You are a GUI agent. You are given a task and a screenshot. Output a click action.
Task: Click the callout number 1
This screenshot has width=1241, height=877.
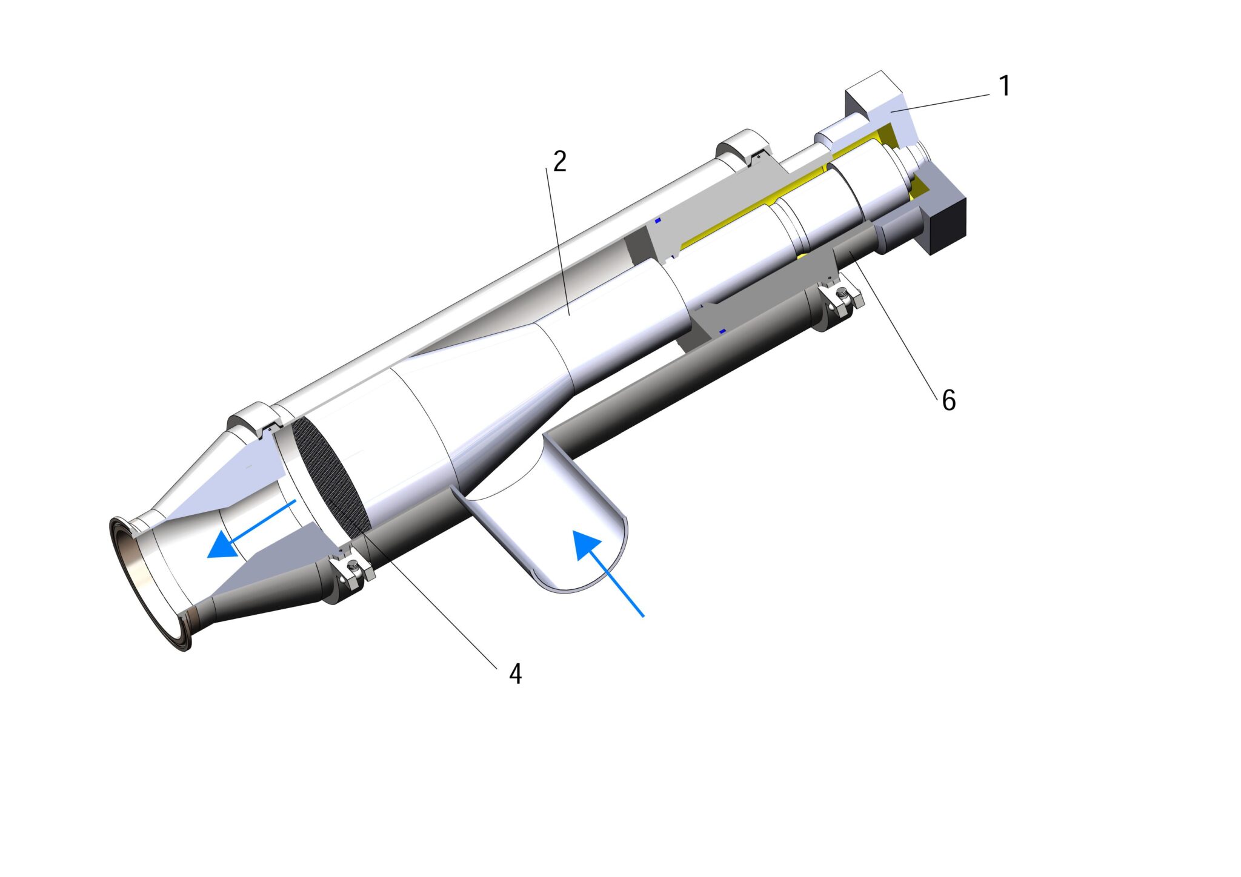[1005, 86]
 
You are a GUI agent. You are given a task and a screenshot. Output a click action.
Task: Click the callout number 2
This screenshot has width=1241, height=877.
[559, 162]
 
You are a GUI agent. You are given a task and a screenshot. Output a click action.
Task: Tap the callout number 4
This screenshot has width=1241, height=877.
[515, 673]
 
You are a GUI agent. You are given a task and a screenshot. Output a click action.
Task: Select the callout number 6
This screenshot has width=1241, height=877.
[949, 400]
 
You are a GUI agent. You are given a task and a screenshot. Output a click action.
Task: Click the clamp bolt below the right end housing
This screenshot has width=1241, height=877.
[842, 296]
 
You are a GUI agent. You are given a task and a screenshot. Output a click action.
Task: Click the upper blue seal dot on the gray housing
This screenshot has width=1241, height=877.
[657, 220]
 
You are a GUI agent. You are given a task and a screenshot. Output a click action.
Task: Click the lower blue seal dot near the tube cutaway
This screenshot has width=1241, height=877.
[722, 331]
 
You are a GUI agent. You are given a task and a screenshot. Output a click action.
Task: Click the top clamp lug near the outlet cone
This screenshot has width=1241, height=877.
[253, 417]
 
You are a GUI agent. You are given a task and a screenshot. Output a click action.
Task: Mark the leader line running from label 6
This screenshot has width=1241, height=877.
[897, 327]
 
